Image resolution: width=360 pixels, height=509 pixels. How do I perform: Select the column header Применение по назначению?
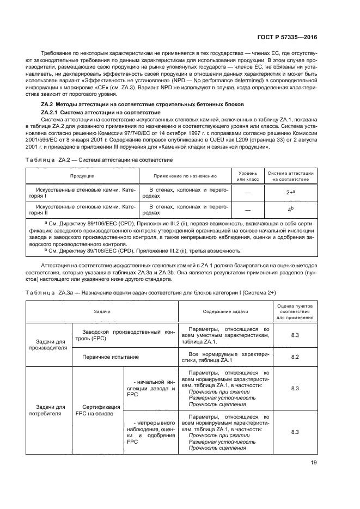coord(185,176)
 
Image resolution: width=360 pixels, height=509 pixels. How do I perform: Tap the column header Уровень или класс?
coord(248,176)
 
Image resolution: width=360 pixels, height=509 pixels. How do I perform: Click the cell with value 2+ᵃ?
coord(290,192)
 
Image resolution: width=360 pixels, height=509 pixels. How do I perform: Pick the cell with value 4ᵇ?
coord(290,210)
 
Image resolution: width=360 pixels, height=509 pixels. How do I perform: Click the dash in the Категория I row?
coord(248,192)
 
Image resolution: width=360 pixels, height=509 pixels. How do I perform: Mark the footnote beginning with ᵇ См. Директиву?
coord(144,250)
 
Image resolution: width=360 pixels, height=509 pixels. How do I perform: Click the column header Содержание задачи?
coord(225,311)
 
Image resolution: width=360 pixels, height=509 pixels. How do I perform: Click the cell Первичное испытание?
coord(110,357)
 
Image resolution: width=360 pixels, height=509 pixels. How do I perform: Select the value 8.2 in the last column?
coord(295,357)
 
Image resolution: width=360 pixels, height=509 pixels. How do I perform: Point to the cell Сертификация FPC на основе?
coord(98,410)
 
